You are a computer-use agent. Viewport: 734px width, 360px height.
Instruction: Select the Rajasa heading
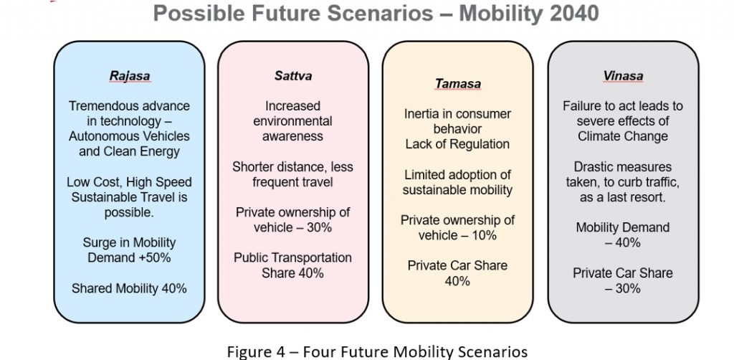point(130,76)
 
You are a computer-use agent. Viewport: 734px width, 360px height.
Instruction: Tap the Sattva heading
point(293,76)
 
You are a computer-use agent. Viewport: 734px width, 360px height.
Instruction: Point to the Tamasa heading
point(458,84)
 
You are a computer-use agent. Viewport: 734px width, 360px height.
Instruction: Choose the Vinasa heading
point(623,76)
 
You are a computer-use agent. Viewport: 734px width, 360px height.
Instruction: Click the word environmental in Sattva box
point(293,121)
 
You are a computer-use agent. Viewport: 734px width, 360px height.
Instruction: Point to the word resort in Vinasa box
point(648,197)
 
